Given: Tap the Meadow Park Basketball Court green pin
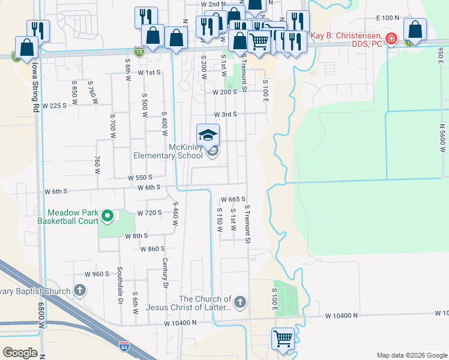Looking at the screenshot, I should [x=107, y=215].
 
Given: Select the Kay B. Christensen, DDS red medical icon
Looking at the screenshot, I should [x=391, y=39].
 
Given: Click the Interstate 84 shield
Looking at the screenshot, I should [x=124, y=346].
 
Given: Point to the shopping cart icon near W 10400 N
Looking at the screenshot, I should [x=283, y=338].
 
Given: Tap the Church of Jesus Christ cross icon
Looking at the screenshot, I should [x=240, y=302].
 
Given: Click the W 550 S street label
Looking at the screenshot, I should [x=140, y=178].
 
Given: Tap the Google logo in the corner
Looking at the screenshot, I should [x=20, y=353].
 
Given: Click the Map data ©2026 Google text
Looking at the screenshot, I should [x=411, y=355].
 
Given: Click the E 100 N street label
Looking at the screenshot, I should [x=387, y=19].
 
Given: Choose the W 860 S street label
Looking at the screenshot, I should [x=152, y=248].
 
